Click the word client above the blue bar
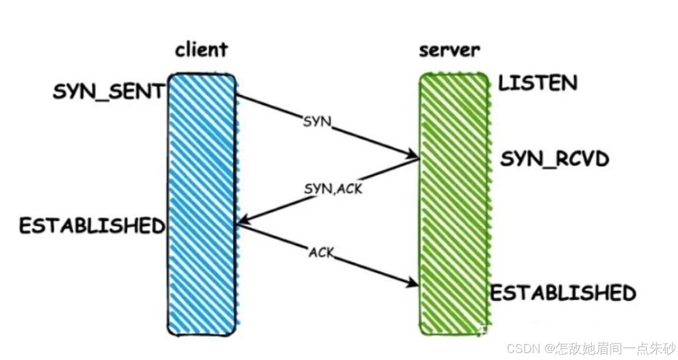tap(202, 50)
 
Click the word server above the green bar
tap(449, 50)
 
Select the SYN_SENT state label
tap(108, 92)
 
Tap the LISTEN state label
tap(537, 83)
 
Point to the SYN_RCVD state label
tap(555, 159)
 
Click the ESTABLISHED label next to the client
tap(92, 225)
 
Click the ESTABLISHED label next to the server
tap(563, 293)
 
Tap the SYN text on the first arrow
tap(316, 122)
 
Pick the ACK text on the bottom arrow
tap(322, 252)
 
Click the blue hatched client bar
tap(202, 205)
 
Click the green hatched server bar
tap(454, 205)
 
